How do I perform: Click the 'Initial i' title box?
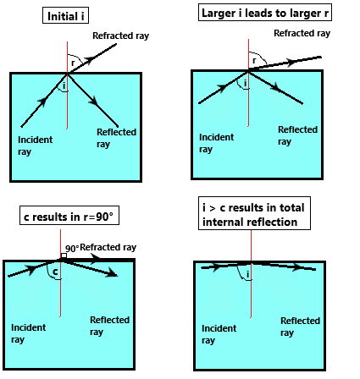[x=65, y=15]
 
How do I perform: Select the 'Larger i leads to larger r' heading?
[x=265, y=13]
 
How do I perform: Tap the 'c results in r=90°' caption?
[x=69, y=216]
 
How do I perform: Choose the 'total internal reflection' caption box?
[x=254, y=213]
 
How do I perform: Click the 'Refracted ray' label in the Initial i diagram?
[x=120, y=36]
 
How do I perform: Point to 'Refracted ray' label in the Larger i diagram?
[x=302, y=33]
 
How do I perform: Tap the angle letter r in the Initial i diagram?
[x=73, y=63]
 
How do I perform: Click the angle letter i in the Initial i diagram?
[x=64, y=85]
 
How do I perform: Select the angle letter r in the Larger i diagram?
[x=254, y=60]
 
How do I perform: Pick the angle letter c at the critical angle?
[x=55, y=272]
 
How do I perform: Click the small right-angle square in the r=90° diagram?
[x=64, y=255]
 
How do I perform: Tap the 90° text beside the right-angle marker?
[x=72, y=249]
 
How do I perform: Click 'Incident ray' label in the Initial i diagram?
[x=35, y=146]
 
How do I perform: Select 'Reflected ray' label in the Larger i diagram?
[x=297, y=135]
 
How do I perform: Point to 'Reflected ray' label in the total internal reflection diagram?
[x=300, y=327]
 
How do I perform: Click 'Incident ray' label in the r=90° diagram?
[x=28, y=333]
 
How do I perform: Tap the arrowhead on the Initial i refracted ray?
[x=90, y=60]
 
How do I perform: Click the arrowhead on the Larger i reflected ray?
[x=275, y=87]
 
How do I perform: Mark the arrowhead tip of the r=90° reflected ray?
[x=118, y=276]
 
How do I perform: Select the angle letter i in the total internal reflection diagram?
[x=248, y=274]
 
